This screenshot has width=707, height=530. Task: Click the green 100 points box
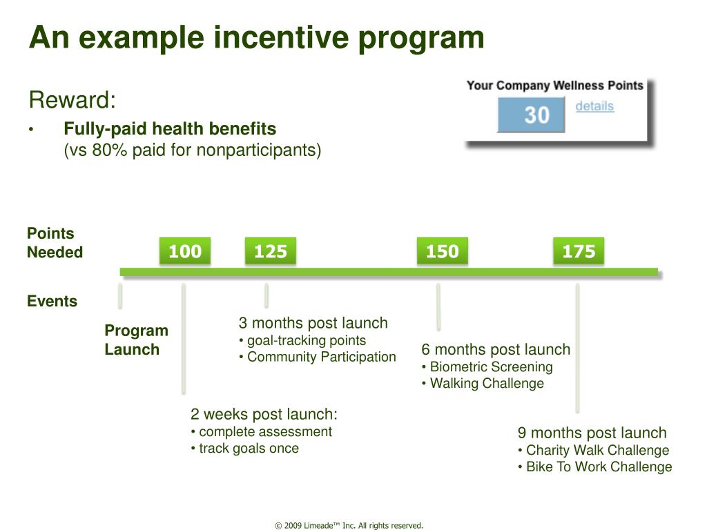pyautogui.click(x=185, y=251)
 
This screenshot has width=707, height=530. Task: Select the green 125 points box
pyautogui.click(x=271, y=251)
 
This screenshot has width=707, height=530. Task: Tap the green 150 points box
pyautogui.click(x=443, y=251)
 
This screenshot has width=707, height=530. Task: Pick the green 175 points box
pyautogui.click(x=579, y=251)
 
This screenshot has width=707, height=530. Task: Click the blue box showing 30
pyautogui.click(x=531, y=115)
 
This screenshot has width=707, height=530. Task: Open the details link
pyautogui.click(x=594, y=106)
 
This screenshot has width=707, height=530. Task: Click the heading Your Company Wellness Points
pyautogui.click(x=554, y=86)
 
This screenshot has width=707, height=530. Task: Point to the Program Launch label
pyautogui.click(x=136, y=340)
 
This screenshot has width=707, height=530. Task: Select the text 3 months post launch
pyautogui.click(x=313, y=323)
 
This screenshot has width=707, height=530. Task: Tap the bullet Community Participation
pyautogui.click(x=318, y=357)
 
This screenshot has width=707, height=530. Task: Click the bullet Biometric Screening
pyautogui.click(x=487, y=366)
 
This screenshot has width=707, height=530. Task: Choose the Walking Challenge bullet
pyautogui.click(x=483, y=383)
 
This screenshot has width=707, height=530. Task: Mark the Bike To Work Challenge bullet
pyautogui.click(x=595, y=467)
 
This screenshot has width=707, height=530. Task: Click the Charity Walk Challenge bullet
pyautogui.click(x=593, y=450)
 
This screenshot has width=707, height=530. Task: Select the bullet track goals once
pyautogui.click(x=245, y=448)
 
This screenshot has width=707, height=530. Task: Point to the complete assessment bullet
pyautogui.click(x=262, y=431)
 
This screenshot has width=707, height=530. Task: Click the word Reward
pyautogui.click(x=72, y=99)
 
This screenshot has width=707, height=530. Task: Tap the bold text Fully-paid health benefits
pyautogui.click(x=170, y=128)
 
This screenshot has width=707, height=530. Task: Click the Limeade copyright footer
pyautogui.click(x=349, y=525)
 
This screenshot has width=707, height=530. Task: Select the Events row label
pyautogui.click(x=52, y=301)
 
